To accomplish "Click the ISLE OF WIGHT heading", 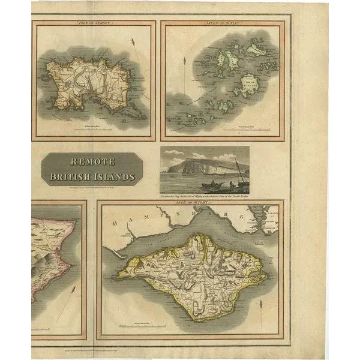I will click(191, 203).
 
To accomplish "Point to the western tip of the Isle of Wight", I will click(118, 275).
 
